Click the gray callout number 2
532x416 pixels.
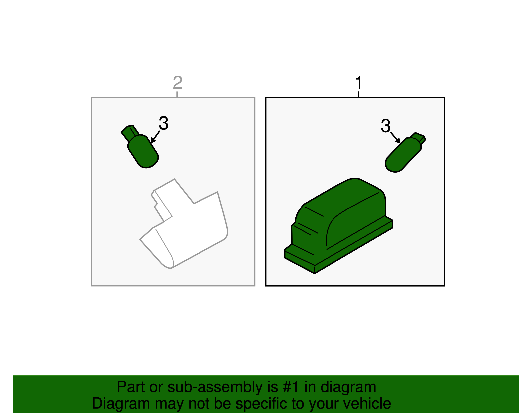point(178,83)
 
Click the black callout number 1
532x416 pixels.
point(359,83)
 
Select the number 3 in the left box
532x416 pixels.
point(164,123)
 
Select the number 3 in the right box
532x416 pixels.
point(386,126)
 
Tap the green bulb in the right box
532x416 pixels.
point(405,153)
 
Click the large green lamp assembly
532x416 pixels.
point(338,225)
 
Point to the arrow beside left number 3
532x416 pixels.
point(155,137)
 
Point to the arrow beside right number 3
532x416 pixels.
point(395,138)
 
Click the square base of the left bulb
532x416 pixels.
point(130,133)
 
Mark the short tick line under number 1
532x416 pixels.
point(358,94)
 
